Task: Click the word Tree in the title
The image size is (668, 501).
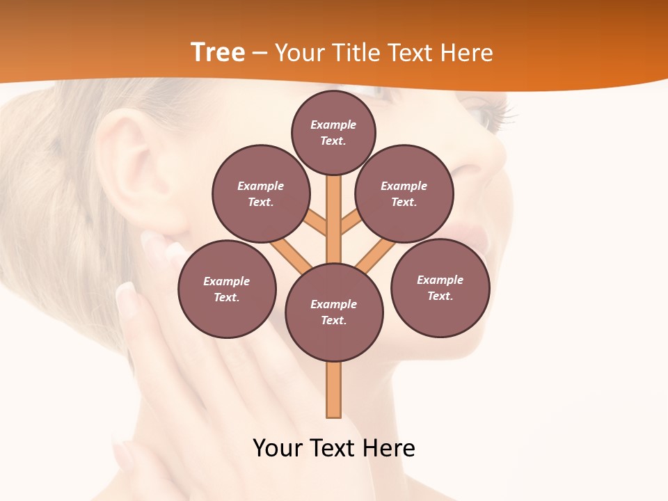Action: pyautogui.click(x=218, y=52)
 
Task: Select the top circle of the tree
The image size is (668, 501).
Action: pyautogui.click(x=333, y=132)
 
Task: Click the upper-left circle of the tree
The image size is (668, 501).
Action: pyautogui.click(x=261, y=193)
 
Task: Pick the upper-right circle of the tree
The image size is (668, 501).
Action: pyautogui.click(x=404, y=193)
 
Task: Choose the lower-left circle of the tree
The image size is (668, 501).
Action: pyautogui.click(x=227, y=289)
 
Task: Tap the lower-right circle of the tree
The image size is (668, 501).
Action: pyautogui.click(x=440, y=287)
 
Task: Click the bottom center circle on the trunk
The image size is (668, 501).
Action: pyautogui.click(x=334, y=312)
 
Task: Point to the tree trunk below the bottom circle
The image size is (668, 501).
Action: pyautogui.click(x=334, y=390)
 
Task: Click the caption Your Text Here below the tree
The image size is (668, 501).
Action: pyautogui.click(x=334, y=448)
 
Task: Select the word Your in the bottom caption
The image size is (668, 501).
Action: pyautogui.click(x=278, y=448)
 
